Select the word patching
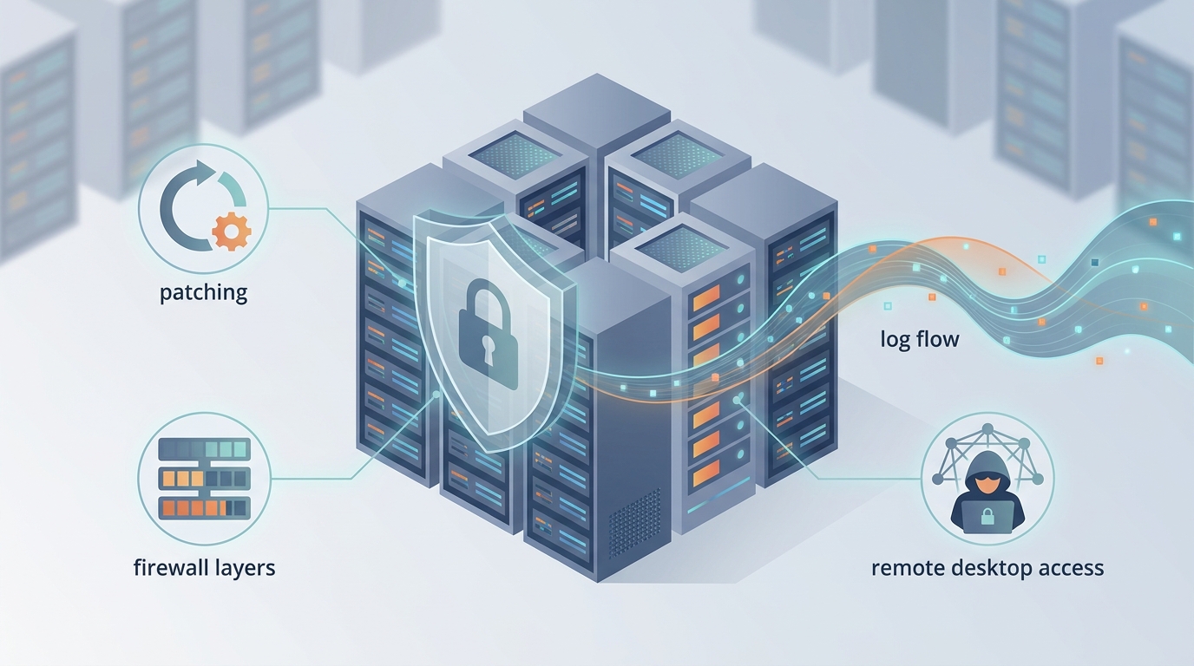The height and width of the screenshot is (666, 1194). pos(203,292)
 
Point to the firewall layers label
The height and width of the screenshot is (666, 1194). pos(204,569)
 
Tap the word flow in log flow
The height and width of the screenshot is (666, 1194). pos(936,338)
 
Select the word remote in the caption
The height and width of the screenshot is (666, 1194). pos(909,568)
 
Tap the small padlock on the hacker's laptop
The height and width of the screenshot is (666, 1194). pos(987,518)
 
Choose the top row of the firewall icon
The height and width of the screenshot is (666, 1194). pos(204,449)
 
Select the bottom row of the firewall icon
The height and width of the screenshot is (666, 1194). pos(204,507)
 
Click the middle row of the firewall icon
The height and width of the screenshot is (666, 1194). pos(204,478)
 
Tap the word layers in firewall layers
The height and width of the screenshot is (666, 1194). pos(244,569)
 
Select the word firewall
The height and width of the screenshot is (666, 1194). pos(169,569)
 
